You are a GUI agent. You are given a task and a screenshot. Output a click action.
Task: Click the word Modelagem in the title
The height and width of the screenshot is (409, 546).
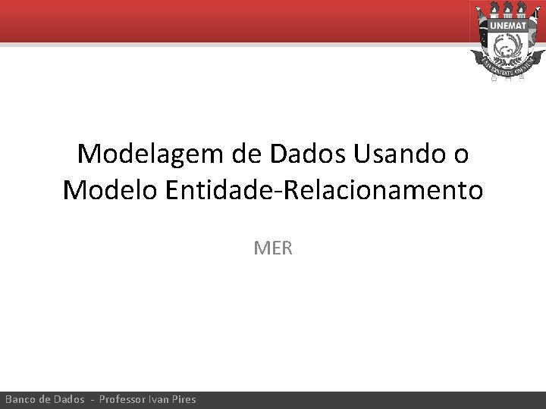tap(143, 155)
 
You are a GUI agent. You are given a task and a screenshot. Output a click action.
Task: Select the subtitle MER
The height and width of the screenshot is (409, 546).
tap(273, 248)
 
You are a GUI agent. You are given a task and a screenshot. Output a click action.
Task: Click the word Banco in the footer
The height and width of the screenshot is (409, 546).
tap(22, 399)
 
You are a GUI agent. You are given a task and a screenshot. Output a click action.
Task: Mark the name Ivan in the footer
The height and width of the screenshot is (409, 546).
tap(162, 399)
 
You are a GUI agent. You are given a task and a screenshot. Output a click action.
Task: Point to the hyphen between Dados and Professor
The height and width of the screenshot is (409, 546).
tap(93, 399)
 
